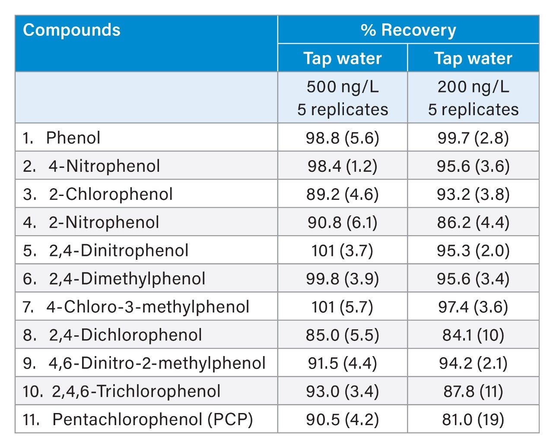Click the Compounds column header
(x=72, y=31)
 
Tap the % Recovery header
(x=408, y=31)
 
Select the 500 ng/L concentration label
(x=343, y=87)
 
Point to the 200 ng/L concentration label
(x=473, y=87)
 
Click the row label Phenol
(x=73, y=138)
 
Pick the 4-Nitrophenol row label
(x=104, y=166)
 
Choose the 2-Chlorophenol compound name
(x=111, y=194)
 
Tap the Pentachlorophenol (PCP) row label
(x=153, y=419)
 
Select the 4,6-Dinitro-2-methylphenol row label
(x=157, y=363)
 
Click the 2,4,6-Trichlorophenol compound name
(x=136, y=391)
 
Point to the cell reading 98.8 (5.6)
(x=343, y=138)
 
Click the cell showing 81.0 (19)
(x=473, y=420)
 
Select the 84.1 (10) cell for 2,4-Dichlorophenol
(x=473, y=335)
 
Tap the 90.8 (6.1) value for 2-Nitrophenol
(x=343, y=222)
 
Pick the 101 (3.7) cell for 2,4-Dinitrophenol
(x=343, y=251)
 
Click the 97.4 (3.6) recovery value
(x=473, y=307)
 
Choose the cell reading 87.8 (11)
(x=473, y=391)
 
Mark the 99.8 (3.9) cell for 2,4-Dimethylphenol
(x=343, y=279)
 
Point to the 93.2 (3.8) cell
(x=473, y=194)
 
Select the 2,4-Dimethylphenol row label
(x=127, y=279)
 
